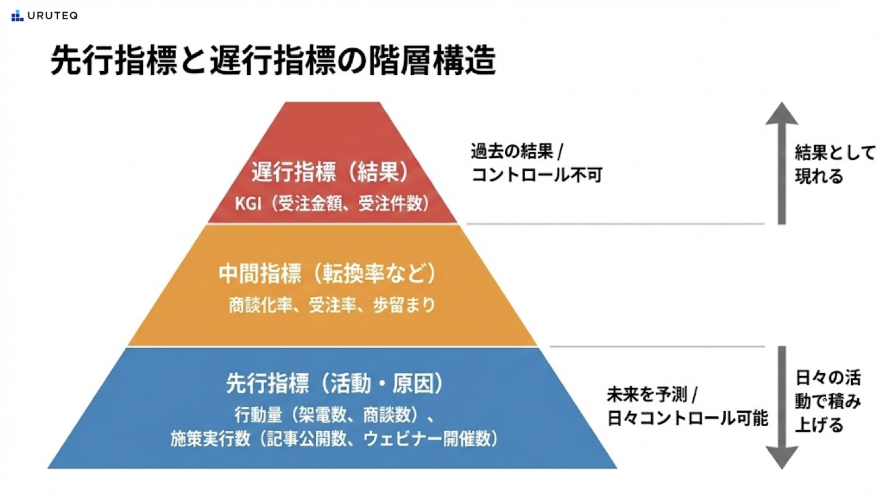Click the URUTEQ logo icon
point(17,16)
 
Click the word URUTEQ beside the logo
point(53,16)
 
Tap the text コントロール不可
point(537,176)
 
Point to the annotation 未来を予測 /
point(655,395)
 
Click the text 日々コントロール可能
point(687,419)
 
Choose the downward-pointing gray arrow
point(782,407)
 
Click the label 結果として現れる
point(834,164)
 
